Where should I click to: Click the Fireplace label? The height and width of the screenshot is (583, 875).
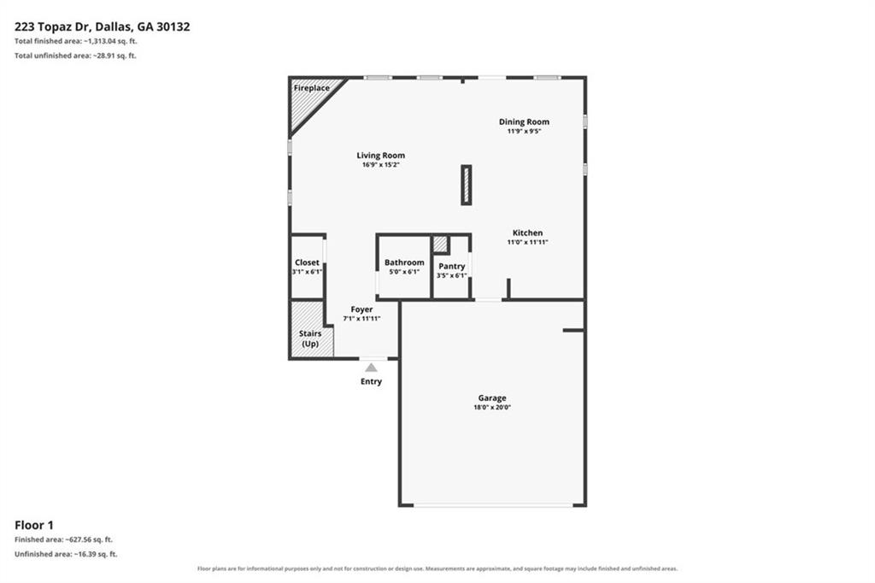(311, 88)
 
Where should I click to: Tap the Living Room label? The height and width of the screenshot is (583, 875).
(380, 156)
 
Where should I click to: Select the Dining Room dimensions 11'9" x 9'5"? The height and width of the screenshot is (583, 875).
(524, 132)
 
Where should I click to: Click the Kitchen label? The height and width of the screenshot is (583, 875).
(527, 233)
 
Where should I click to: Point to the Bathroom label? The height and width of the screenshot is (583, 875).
(404, 262)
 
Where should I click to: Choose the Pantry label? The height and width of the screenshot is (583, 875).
(451, 267)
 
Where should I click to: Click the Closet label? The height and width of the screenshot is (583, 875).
(307, 262)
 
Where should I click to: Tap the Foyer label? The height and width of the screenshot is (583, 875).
(361, 309)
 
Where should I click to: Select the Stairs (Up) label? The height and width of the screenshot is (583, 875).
(310, 339)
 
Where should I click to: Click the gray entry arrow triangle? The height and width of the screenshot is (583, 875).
(371, 368)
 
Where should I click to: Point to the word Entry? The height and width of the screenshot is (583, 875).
(371, 381)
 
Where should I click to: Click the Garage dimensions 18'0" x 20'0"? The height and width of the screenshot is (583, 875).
(492, 408)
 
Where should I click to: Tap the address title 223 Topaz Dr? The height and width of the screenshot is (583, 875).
(52, 26)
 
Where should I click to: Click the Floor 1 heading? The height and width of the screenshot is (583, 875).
(34, 525)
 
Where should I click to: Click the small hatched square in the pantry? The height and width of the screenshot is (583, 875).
(440, 244)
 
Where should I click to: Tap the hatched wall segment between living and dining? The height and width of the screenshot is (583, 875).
(467, 185)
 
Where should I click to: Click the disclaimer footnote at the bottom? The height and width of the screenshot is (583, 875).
(437, 568)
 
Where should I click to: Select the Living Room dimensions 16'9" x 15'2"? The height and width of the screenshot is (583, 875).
(380, 165)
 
